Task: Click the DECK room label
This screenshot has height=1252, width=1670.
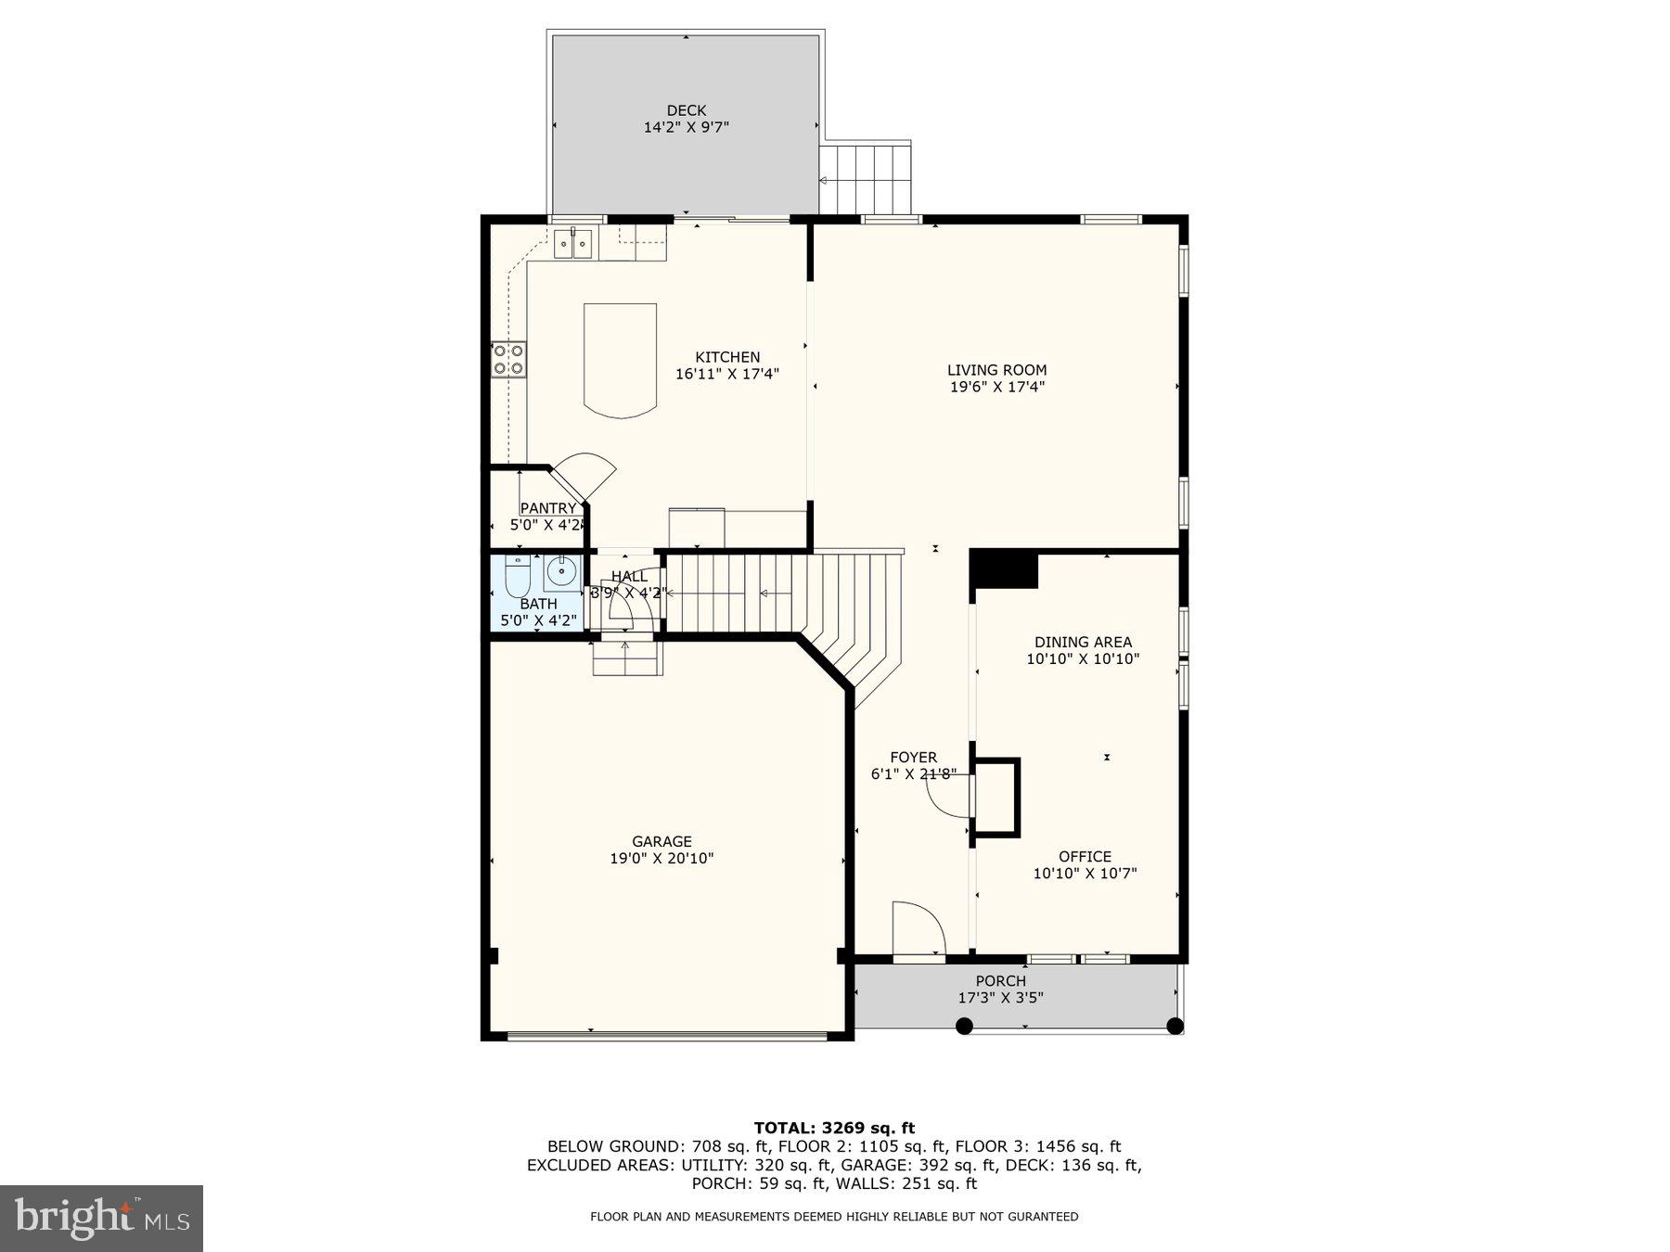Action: tap(686, 110)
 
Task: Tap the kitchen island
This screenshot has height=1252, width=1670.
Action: tap(620, 359)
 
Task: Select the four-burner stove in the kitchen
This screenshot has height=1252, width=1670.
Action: tap(508, 359)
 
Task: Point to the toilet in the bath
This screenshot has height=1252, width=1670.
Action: tap(517, 576)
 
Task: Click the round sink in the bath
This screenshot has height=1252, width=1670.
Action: tap(560, 572)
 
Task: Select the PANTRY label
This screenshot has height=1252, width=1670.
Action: tap(547, 508)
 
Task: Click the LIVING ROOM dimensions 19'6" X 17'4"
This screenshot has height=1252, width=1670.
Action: tap(996, 387)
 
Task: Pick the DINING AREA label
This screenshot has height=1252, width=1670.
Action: tap(1083, 642)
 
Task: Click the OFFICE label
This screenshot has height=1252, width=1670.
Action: tap(1085, 856)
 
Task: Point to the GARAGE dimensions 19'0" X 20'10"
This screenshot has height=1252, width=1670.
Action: tap(662, 859)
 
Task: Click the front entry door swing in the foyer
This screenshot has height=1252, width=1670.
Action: tap(917, 927)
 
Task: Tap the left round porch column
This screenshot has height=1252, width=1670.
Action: tap(964, 1026)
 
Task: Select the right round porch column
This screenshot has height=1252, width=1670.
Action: tap(1175, 1026)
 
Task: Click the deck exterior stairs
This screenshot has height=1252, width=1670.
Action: tap(866, 178)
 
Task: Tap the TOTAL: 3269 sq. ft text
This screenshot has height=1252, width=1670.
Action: tap(834, 1128)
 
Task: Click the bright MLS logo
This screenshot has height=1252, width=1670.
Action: tap(101, 1218)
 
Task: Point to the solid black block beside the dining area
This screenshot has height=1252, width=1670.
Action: tap(1004, 568)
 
